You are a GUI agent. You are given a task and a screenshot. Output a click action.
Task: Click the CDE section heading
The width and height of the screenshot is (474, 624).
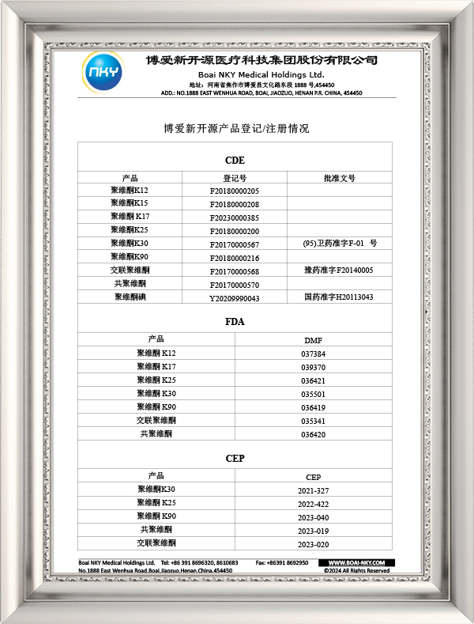click(x=235, y=161)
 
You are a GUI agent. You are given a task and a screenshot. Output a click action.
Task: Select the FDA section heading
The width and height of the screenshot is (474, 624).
click(x=235, y=323)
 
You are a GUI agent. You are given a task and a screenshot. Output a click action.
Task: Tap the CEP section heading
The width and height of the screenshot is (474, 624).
click(x=235, y=458)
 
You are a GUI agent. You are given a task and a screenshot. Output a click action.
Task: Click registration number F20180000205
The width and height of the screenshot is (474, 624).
click(x=235, y=191)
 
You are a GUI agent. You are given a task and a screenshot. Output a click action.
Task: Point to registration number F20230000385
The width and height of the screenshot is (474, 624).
click(x=235, y=217)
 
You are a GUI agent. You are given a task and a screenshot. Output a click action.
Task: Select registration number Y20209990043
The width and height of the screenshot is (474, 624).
click(x=235, y=298)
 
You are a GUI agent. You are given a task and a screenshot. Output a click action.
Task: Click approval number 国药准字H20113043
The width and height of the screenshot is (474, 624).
click(x=339, y=297)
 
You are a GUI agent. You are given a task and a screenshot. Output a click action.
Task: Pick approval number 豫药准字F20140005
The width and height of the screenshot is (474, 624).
click(x=339, y=270)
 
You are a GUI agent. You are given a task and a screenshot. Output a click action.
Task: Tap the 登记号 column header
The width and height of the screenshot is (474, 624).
click(x=235, y=178)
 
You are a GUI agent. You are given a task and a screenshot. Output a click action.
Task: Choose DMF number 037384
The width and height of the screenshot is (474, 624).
click(x=313, y=354)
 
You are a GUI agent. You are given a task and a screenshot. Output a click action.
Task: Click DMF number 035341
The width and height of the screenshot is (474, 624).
click(x=313, y=421)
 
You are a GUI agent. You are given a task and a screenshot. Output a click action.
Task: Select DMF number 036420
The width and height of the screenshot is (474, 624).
click(x=313, y=434)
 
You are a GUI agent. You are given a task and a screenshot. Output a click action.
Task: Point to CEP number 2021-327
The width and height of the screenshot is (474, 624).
click(x=313, y=490)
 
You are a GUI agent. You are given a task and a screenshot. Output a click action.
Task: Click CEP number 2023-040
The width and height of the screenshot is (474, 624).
click(x=313, y=517)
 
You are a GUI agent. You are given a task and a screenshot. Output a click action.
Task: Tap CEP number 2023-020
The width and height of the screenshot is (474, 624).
click(x=313, y=544)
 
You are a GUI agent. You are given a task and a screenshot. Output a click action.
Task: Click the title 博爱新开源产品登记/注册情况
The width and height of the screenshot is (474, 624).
click(x=235, y=128)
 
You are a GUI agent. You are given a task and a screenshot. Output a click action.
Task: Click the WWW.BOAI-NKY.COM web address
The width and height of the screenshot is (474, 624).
click(x=355, y=562)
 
